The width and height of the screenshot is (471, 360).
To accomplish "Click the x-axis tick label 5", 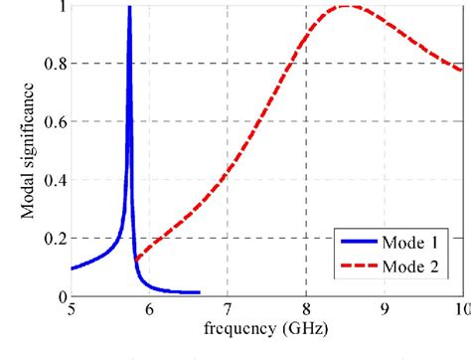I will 72,310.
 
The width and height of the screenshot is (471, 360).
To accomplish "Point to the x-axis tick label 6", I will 149,310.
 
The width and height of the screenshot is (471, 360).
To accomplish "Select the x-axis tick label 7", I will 228,310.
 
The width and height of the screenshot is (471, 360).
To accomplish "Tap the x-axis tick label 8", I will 306,310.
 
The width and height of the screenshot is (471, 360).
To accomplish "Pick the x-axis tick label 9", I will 384,310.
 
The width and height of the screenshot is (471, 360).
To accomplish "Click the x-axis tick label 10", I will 459,310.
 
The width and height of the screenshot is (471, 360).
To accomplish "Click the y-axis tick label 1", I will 62,6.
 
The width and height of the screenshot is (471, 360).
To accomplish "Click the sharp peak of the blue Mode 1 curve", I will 129,8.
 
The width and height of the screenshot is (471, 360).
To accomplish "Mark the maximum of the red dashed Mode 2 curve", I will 346,6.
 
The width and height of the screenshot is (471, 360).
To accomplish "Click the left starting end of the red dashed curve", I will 135,260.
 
